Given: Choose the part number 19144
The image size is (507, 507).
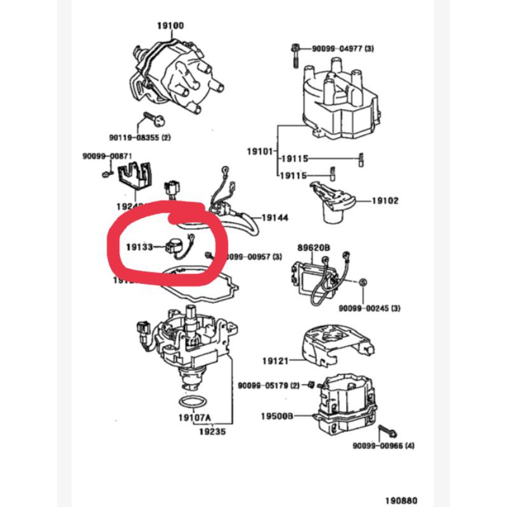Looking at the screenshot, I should [x=275, y=217].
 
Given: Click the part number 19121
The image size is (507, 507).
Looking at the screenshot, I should [x=275, y=361].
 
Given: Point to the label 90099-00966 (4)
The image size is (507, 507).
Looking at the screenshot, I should [x=383, y=446].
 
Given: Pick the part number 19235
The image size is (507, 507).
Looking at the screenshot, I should [x=213, y=431].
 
